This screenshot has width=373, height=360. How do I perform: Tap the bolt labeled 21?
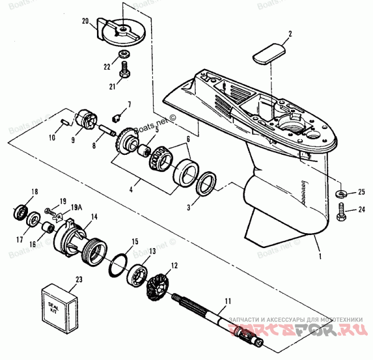coord(124,72)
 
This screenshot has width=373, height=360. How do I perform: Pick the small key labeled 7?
coord(117,115)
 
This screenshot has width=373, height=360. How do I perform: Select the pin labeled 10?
coord(65,122)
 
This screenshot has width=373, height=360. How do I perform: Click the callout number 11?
coord(227,302)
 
